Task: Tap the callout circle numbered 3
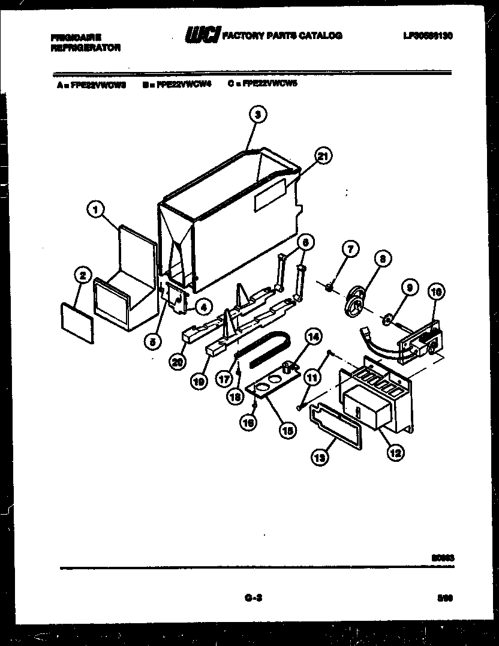pos(257,114)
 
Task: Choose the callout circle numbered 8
pos(381,259)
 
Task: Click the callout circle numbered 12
pos(395,453)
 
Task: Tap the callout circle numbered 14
pos(312,336)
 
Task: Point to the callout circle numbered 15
pos(288,429)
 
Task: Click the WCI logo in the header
pos(203,36)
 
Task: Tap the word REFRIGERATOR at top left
pos(86,47)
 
